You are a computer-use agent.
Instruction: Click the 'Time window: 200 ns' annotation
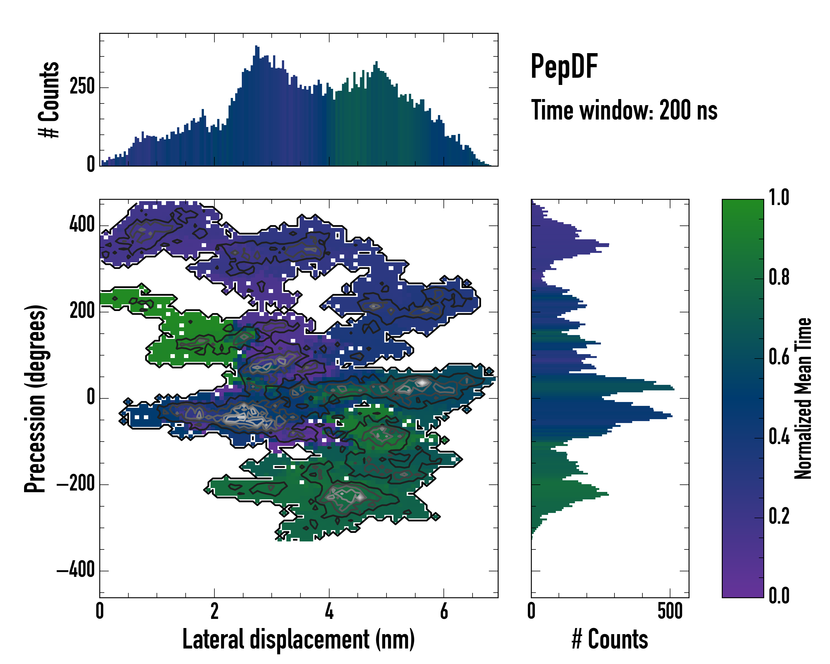point(624,110)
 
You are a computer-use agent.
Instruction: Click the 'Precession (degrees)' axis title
point(35,398)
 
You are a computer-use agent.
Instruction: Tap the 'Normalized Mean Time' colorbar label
point(803,398)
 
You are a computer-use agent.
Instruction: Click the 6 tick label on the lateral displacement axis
point(444,611)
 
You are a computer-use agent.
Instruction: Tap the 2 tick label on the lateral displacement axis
point(214,611)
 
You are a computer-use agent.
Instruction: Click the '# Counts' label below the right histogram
point(610,639)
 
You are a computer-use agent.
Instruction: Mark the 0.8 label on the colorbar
point(779,277)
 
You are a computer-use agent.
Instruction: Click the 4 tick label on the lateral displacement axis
point(329,611)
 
